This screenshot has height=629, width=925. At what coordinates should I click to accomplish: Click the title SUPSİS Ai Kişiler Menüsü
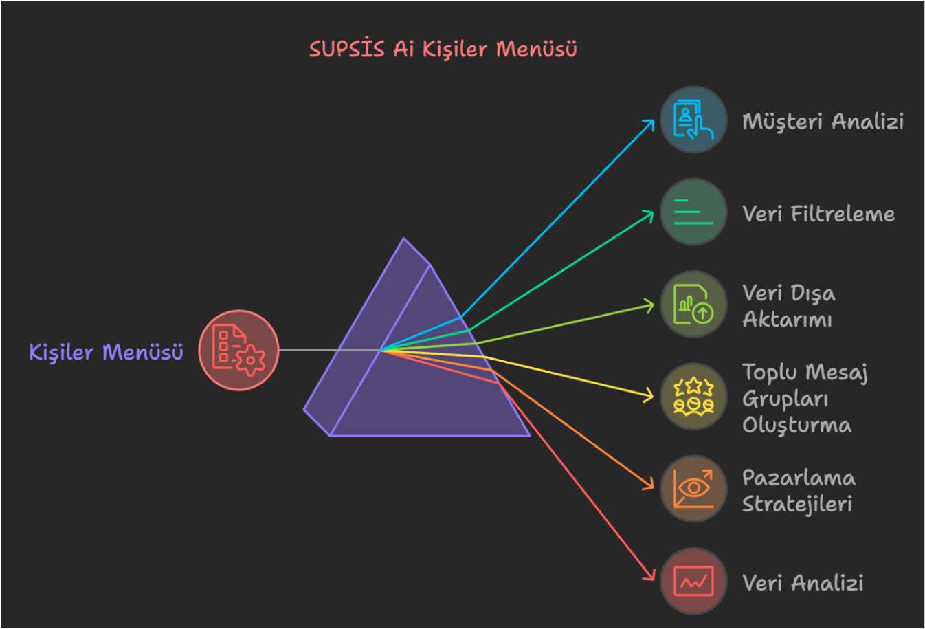click(443, 49)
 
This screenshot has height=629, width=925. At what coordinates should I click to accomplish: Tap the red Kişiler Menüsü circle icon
click(238, 350)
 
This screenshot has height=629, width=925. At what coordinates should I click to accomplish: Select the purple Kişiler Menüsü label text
click(106, 353)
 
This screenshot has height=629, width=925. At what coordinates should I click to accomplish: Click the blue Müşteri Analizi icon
click(693, 120)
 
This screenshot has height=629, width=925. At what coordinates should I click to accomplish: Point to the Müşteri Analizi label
click(823, 122)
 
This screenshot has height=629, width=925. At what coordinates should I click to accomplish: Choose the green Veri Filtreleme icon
click(693, 212)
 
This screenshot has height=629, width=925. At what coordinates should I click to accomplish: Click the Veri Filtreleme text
click(818, 214)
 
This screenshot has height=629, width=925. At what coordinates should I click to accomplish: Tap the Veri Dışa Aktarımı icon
click(693, 304)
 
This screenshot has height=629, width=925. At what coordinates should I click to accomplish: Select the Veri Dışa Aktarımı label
click(788, 306)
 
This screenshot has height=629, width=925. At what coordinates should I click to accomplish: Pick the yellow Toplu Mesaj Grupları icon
click(693, 397)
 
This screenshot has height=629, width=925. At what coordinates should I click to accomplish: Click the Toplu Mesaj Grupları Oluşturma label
click(804, 399)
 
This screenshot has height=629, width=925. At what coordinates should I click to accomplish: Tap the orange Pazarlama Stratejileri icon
click(693, 489)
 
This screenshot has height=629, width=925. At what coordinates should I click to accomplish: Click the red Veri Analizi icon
click(693, 582)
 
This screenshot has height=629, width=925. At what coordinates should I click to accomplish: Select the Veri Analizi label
click(803, 583)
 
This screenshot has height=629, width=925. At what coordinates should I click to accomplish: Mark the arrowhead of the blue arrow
click(650, 124)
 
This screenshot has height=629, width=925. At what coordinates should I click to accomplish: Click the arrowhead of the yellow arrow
click(649, 396)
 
